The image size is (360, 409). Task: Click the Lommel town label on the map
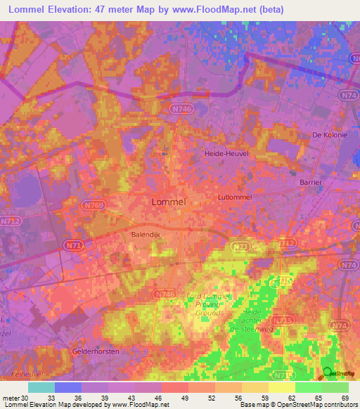(x=169, y=202)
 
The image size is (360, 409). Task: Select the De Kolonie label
(x=330, y=134)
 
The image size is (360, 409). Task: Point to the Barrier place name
(x=310, y=182)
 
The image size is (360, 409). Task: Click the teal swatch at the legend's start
(x=41, y=387)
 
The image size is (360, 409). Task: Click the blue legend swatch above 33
(x=68, y=387)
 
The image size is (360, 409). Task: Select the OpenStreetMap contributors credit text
(x=314, y=405)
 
